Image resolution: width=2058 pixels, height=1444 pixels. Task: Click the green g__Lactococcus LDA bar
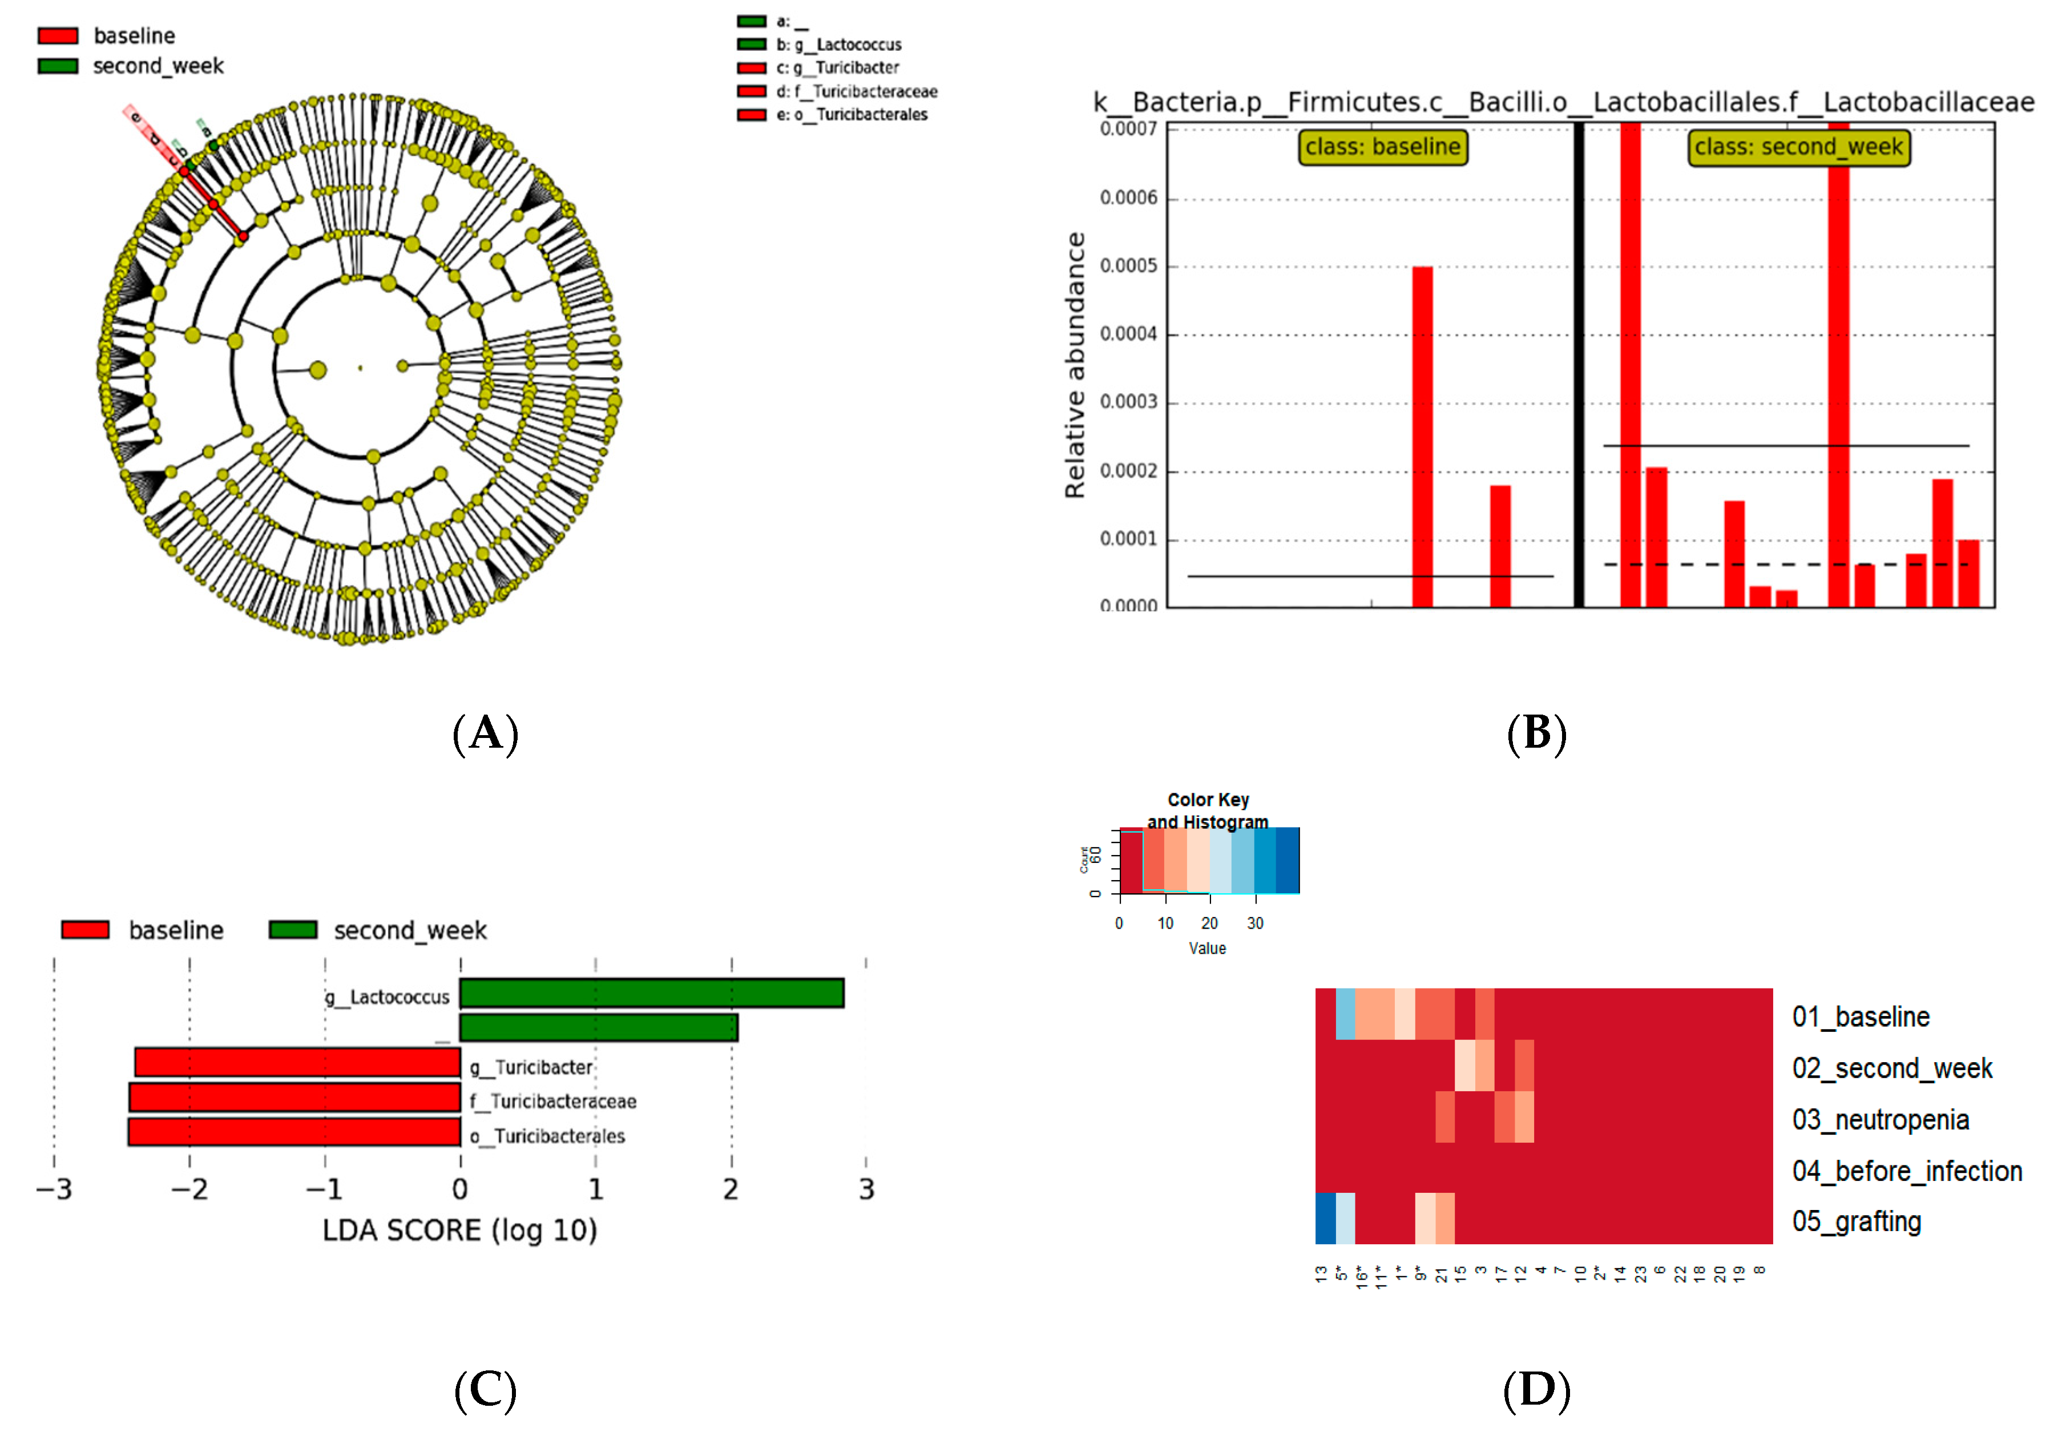point(652,993)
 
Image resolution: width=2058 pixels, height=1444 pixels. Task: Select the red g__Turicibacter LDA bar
point(297,1063)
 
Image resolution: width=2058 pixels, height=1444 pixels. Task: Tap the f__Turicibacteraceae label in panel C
point(553,1101)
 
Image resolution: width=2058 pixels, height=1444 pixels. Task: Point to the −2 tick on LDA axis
point(189,1189)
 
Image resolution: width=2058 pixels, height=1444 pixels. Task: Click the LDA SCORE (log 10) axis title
point(460,1231)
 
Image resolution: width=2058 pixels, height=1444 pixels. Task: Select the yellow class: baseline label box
point(1382,147)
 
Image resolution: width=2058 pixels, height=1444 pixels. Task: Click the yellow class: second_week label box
point(1798,148)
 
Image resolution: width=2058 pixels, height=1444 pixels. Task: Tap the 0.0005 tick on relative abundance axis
point(1128,266)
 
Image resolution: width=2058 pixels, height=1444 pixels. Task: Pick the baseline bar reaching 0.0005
point(1422,437)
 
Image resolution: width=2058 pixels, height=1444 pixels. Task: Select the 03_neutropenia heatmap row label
point(1879,1119)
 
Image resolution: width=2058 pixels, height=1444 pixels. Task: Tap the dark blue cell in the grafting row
point(1325,1218)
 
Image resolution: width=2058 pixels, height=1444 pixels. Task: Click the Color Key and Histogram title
point(1208,810)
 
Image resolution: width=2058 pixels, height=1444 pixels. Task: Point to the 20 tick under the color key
point(1209,923)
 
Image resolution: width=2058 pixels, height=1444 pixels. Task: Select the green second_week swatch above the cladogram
point(58,66)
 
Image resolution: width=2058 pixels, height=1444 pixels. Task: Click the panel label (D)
point(1536,1390)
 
